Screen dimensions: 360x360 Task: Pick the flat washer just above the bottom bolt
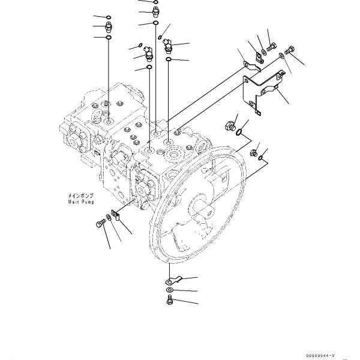tap(170, 289)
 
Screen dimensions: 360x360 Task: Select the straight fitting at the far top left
tap(109, 26)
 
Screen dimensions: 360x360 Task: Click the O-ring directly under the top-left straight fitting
tap(109, 38)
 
